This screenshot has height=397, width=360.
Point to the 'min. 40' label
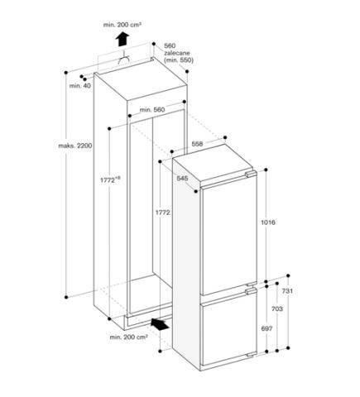81,85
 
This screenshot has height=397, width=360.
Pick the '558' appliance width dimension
198,145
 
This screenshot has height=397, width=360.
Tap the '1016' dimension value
267,223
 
